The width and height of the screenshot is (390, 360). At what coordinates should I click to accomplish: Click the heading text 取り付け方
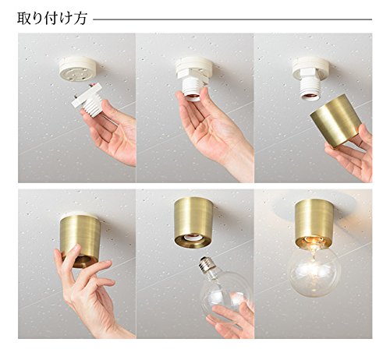coord(51,19)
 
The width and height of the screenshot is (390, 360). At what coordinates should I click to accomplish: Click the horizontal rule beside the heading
coord(232,19)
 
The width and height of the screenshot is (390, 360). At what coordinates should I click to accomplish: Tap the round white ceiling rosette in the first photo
coord(79,70)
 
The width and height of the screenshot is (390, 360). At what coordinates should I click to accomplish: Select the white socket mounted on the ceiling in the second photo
coord(193,78)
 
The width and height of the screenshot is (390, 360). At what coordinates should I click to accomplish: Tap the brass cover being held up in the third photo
coord(336,121)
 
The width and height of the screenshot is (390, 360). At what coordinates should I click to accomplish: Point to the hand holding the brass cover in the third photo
coord(353,154)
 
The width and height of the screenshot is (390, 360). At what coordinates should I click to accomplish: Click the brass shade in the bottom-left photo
coord(81,240)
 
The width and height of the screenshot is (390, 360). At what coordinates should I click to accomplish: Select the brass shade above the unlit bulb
coord(193,223)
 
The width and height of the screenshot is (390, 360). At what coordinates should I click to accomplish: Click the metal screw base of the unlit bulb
coord(208,264)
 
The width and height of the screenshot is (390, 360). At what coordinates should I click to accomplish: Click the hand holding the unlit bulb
coord(232,318)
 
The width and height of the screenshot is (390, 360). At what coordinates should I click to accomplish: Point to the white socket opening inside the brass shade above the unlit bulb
coord(193,238)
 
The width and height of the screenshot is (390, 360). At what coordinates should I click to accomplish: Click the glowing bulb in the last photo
coord(314,270)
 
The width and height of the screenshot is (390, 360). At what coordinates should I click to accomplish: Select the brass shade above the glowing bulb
coord(314,223)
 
